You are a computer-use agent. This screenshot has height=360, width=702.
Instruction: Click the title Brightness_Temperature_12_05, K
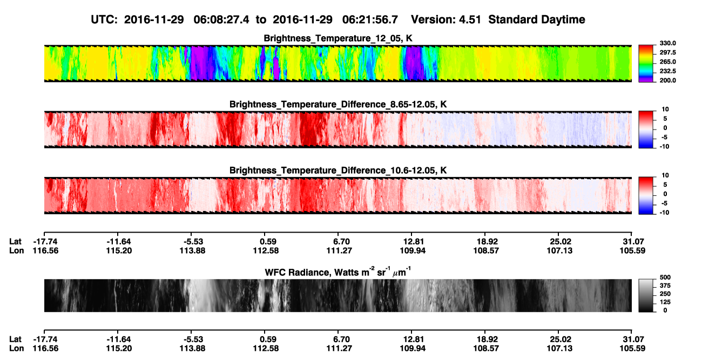coord(338,38)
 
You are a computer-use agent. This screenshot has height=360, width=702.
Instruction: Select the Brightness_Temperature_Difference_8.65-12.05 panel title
coord(338,104)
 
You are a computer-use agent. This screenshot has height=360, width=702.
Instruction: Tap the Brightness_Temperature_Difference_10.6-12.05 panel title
coord(338,171)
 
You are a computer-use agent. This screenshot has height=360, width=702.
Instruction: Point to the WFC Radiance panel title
coord(338,271)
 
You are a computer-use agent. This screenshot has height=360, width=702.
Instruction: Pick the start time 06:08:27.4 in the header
coord(221,19)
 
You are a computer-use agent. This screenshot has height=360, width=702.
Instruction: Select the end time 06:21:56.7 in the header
coord(370,19)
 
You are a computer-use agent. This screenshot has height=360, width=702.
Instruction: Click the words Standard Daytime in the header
coord(537,20)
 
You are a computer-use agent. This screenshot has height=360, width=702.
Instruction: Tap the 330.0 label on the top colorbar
coord(667,43)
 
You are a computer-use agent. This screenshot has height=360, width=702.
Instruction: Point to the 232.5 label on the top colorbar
coord(667,71)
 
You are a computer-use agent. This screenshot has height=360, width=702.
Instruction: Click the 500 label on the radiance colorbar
coord(665,277)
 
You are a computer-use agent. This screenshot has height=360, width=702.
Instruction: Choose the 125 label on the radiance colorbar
coord(665,302)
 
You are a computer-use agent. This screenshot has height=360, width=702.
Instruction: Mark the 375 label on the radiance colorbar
coord(665,286)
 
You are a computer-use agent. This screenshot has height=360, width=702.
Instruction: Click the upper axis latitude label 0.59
coord(268,242)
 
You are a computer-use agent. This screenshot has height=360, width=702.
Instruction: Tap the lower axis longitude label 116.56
coord(45,349)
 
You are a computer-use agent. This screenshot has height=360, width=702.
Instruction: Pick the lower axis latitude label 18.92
coord(486,339)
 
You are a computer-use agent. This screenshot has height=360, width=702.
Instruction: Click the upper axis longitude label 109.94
coord(413,250)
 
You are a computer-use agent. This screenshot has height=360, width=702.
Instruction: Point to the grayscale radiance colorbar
coord(646,295)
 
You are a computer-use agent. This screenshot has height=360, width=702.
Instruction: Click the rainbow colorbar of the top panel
coord(646,64)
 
